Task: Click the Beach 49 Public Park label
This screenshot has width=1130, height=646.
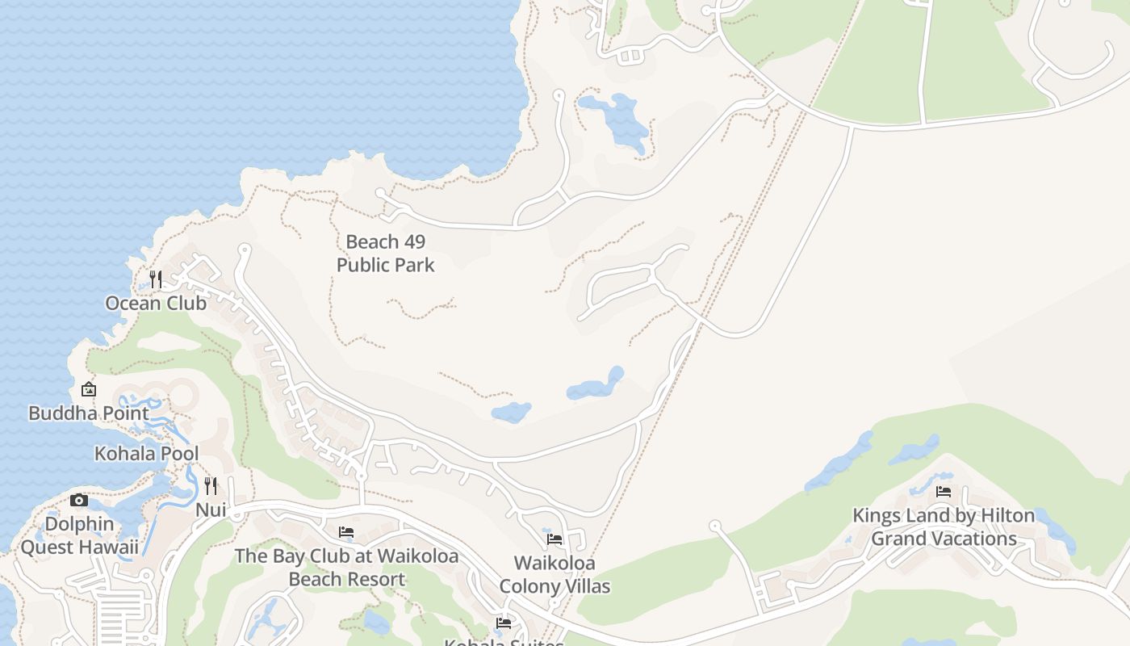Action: (385, 253)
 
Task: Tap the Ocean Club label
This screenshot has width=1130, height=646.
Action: (156, 304)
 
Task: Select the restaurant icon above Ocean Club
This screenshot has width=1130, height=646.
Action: (156, 279)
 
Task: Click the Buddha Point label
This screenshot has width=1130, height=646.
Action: (89, 413)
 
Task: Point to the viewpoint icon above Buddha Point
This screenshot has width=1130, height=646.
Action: (89, 389)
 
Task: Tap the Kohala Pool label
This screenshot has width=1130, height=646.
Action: (147, 454)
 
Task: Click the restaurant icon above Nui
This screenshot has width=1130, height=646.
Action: (211, 485)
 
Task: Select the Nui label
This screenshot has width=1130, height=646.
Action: (211, 510)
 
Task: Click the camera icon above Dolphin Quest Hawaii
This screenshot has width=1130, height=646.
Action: (79, 500)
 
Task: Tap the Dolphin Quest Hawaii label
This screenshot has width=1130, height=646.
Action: (79, 535)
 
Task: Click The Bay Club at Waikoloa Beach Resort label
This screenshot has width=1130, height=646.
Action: (346, 568)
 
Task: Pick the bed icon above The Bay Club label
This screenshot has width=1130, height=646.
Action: (346, 532)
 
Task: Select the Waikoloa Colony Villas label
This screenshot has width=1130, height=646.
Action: (555, 574)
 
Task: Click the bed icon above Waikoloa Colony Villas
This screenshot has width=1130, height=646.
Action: (555, 539)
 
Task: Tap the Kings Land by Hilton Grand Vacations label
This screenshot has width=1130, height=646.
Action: (944, 526)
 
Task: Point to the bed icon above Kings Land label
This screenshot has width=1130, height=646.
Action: (944, 491)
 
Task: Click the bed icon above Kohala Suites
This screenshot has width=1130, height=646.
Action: (504, 623)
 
